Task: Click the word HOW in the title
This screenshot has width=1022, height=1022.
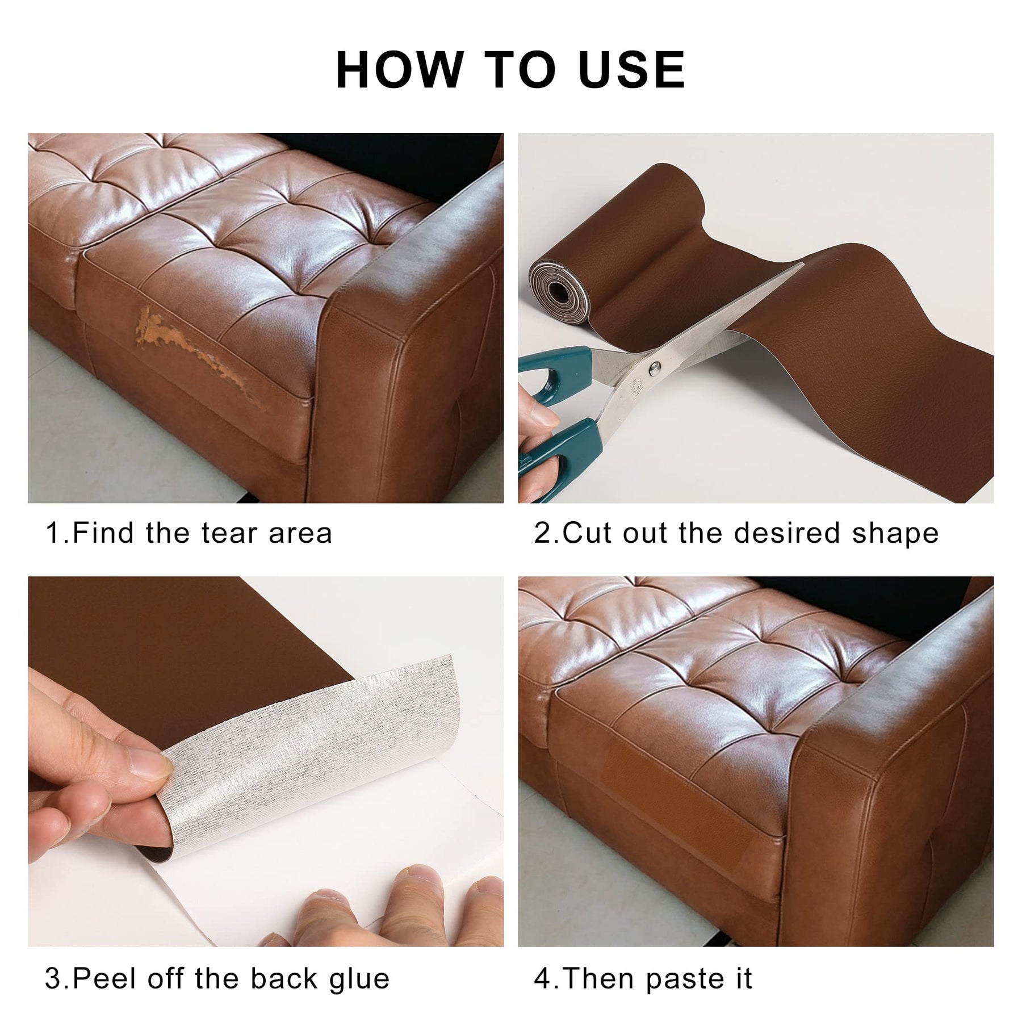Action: [x=400, y=70]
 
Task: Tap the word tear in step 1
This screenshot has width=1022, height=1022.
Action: [x=232, y=533]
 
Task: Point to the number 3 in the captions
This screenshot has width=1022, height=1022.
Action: [x=52, y=979]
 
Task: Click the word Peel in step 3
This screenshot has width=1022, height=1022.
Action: [x=104, y=979]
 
